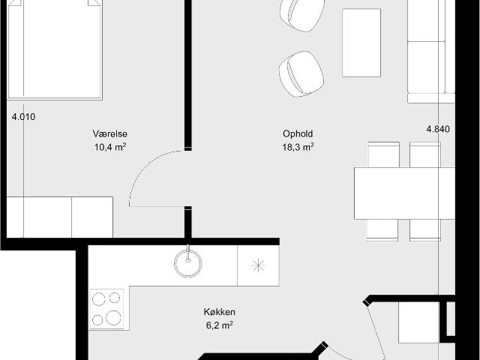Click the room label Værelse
[110, 133]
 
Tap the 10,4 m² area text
[110, 147]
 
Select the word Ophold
[298, 134]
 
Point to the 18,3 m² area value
[298, 147]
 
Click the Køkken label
[220, 312]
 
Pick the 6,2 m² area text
[220, 325]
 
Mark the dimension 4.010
[23, 117]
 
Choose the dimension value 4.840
[438, 129]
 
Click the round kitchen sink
[188, 263]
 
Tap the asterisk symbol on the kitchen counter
[258, 265]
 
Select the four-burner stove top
[106, 309]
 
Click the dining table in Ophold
[405, 193]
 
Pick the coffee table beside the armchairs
[361, 43]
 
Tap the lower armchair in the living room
[301, 74]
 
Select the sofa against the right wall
[431, 52]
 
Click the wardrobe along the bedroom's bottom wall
[60, 217]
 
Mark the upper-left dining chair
[383, 154]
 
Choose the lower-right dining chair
[425, 230]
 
